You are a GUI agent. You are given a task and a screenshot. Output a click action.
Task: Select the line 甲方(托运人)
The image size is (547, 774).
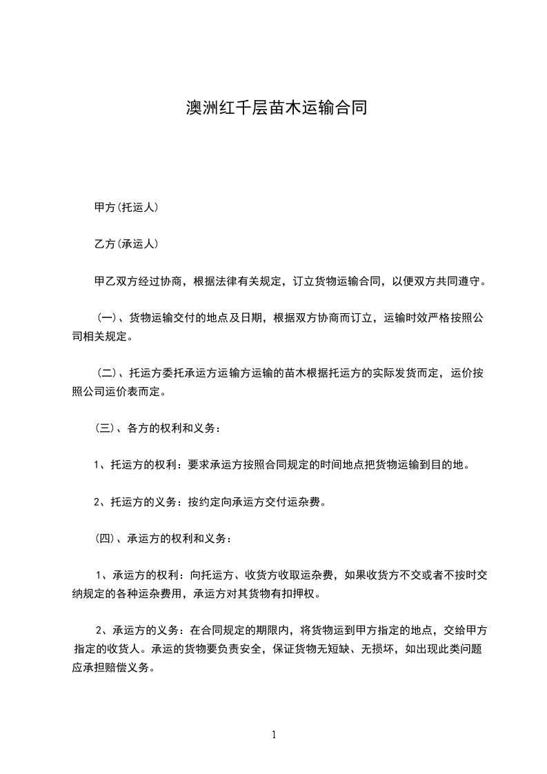point(127,207)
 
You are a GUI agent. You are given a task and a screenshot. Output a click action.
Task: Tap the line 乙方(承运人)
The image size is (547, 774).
point(127,244)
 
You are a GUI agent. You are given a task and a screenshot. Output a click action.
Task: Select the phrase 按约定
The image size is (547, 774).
point(203,502)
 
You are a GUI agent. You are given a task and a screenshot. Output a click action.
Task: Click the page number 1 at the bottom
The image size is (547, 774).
point(274,735)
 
